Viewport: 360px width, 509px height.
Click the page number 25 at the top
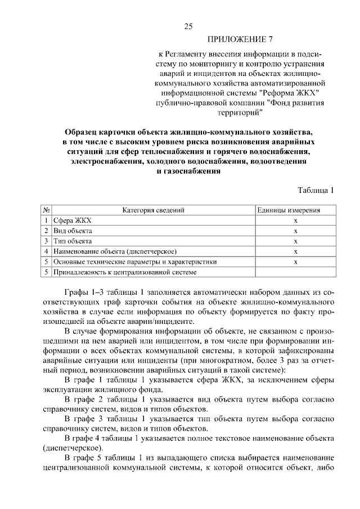188,26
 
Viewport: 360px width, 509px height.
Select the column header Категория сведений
154,210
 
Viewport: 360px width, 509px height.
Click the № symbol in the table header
47,210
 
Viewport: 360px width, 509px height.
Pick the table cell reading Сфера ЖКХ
72,221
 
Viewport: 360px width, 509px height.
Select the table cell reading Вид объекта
73,231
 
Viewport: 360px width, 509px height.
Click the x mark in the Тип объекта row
295,241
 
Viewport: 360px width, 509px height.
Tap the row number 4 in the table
47,251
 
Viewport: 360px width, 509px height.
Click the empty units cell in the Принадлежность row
295,272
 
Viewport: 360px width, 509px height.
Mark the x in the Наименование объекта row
295,251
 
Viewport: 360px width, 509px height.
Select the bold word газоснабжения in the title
188,172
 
